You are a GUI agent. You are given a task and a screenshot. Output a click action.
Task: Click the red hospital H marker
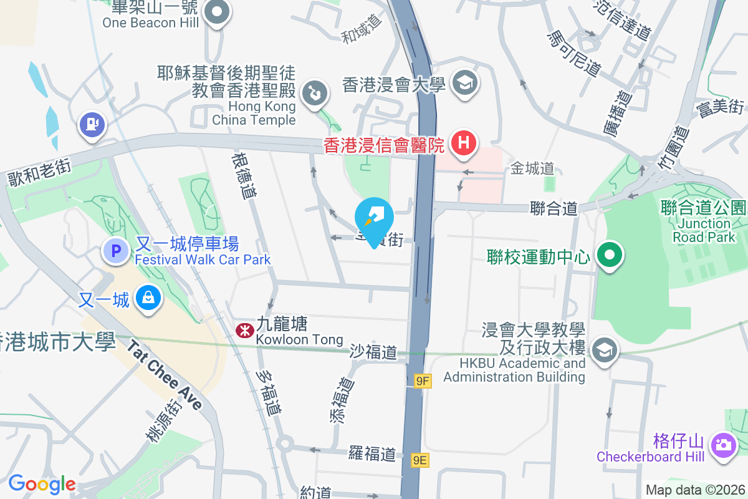click(463, 143)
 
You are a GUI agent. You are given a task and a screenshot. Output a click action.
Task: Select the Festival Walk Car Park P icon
click(115, 251)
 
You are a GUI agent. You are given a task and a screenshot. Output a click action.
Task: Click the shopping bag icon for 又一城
click(149, 298)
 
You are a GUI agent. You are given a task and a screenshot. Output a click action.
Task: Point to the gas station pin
click(92, 125)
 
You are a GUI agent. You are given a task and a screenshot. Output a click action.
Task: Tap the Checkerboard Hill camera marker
click(723, 445)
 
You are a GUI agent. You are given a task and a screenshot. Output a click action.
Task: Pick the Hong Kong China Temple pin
click(314, 94)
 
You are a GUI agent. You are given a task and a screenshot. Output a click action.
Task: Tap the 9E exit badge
click(421, 460)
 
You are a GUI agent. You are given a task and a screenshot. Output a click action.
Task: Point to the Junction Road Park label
click(704, 230)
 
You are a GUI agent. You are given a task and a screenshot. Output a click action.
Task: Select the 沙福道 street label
click(373, 352)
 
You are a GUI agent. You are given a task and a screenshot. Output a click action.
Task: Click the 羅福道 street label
click(372, 453)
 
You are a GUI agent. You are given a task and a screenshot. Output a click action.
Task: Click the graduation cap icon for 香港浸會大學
click(464, 83)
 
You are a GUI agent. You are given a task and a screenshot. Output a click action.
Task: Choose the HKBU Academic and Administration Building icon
click(603, 351)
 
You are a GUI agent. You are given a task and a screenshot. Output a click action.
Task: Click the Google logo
click(42, 484)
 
